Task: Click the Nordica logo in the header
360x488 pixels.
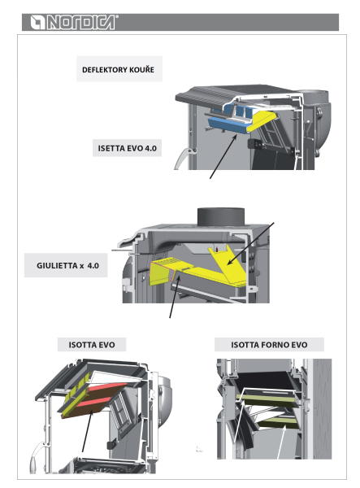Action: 74,22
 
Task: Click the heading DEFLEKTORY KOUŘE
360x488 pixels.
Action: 118,69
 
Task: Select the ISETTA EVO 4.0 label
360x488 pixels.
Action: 127,148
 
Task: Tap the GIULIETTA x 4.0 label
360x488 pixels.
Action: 67,265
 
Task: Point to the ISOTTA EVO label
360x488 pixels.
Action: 92,345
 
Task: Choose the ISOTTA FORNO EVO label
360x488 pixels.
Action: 269,345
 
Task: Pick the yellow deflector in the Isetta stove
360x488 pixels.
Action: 262,122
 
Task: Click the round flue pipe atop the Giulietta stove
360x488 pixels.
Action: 221,218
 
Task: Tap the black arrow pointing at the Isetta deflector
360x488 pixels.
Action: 223,156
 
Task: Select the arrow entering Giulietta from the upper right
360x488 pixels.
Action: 250,244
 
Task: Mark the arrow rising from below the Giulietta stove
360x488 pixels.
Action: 175,297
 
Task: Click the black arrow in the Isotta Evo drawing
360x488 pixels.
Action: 87,431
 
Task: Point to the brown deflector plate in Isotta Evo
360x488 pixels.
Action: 93,402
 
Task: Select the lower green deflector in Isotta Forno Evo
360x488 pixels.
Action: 278,423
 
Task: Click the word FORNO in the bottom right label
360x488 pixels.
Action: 270,345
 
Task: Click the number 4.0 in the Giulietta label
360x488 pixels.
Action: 93,265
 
